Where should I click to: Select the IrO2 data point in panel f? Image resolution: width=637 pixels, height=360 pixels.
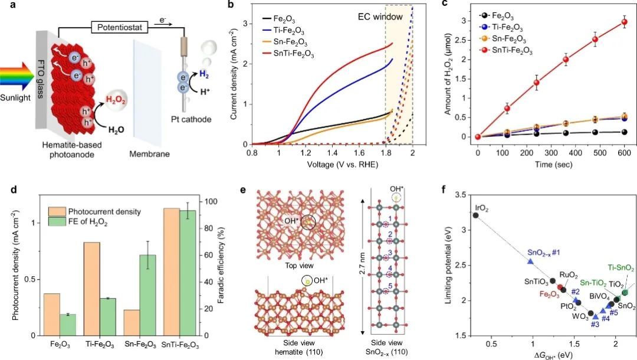(475, 215)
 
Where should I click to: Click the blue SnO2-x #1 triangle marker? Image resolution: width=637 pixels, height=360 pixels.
(530, 260)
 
